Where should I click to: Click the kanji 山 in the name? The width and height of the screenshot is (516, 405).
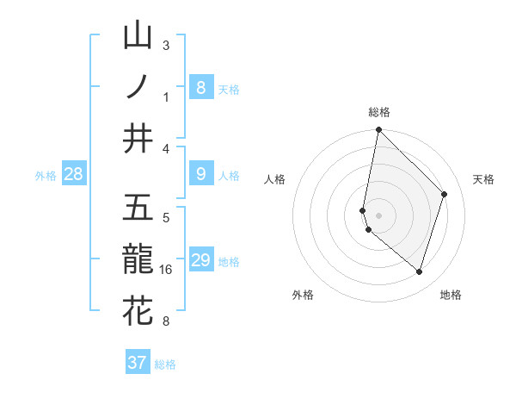[138, 36]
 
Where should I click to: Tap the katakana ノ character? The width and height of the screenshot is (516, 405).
[138, 86]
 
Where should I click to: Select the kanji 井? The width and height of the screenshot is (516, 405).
[138, 138]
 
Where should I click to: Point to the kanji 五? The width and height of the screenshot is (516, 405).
[138, 209]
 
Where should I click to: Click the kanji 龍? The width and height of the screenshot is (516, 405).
[138, 259]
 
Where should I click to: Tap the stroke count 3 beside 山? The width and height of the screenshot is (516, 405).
[166, 46]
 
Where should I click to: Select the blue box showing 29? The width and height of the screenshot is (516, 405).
[200, 261]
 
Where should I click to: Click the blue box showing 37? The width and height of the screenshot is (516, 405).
[138, 363]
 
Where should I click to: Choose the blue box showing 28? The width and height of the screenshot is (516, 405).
[73, 175]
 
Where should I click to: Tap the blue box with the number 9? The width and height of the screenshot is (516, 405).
[200, 175]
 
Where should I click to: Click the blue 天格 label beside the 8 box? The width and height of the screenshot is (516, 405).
[229, 90]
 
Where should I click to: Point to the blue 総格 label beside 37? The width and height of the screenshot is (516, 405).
[165, 364]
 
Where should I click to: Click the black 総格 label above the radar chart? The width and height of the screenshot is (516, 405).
[378, 112]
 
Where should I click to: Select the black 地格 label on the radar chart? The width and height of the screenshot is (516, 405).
[451, 295]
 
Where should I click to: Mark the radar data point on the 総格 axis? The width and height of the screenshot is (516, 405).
[378, 130]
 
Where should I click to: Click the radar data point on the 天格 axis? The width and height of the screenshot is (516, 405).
[445, 194]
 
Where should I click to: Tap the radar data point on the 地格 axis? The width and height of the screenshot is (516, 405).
[419, 272]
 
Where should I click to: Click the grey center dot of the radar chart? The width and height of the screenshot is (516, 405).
[378, 215]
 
